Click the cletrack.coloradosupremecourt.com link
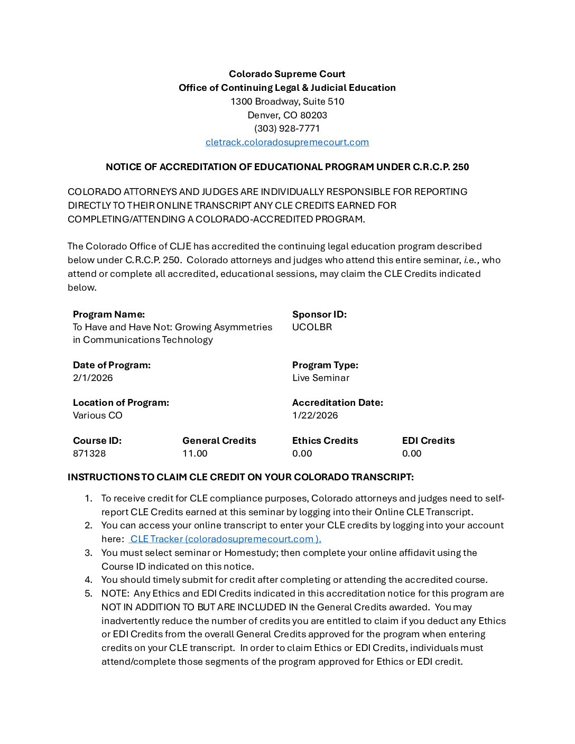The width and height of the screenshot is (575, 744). point(287,142)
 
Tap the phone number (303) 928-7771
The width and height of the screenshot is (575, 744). point(287,128)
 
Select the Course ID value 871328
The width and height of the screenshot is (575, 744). point(89,453)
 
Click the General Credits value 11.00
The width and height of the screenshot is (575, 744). point(195,453)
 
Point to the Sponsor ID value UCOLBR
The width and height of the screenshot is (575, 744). point(312,327)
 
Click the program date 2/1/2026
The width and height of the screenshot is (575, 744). point(92,378)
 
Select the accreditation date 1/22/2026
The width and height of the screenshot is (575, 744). point(315,415)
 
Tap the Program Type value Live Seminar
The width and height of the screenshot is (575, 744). point(320,378)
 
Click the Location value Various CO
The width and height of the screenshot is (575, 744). point(97,415)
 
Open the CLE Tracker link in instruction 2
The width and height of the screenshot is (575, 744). point(225,539)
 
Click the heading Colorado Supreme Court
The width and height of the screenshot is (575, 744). point(287,74)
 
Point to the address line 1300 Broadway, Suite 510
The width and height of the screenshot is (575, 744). point(287,101)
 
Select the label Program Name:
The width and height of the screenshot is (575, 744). point(109,314)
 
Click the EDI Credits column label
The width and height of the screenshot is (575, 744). point(428,441)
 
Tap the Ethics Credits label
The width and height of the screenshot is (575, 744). point(325,441)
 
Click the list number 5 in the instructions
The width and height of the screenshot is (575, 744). point(88,593)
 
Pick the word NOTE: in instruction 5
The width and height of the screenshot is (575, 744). point(115,593)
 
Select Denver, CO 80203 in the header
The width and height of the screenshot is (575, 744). point(287,115)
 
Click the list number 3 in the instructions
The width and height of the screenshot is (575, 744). point(88,553)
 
